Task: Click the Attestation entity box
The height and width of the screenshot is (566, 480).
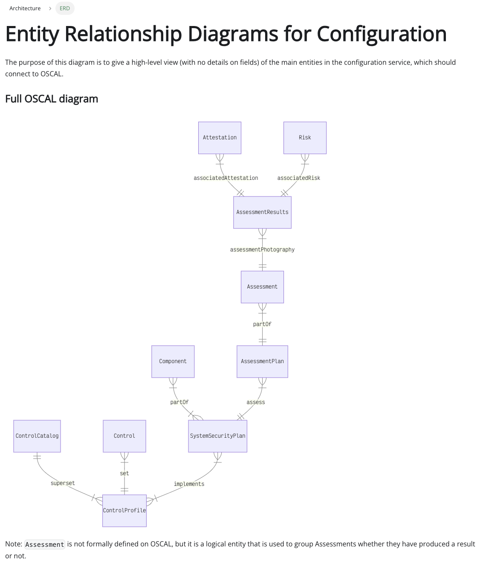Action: [220, 138]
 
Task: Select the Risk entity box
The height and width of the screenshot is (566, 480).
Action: [305, 138]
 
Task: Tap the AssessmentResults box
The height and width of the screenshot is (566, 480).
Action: [262, 212]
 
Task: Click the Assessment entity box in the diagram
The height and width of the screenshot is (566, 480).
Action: [262, 287]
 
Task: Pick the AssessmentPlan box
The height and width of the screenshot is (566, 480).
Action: [262, 361]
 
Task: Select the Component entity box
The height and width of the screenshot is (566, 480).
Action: [173, 361]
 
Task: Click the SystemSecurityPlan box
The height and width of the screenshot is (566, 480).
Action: [217, 436]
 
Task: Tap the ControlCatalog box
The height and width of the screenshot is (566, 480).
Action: [37, 436]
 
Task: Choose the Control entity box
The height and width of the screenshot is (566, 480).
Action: [124, 436]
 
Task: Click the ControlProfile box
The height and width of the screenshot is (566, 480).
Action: [124, 511]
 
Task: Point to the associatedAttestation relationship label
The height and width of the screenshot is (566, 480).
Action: [226, 178]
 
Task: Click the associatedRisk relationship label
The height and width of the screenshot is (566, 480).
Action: [298, 178]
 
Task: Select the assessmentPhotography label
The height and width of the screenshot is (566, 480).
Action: [262, 250]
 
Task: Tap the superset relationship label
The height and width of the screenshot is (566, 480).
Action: [63, 483]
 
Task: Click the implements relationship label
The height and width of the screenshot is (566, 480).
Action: [189, 484]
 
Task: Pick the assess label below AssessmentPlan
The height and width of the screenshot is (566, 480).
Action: [255, 402]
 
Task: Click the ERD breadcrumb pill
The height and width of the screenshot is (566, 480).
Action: [65, 9]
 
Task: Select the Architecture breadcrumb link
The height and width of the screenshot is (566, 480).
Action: [25, 9]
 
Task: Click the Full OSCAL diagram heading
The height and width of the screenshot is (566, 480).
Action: [52, 99]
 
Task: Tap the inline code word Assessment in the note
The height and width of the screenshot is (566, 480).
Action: [45, 545]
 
